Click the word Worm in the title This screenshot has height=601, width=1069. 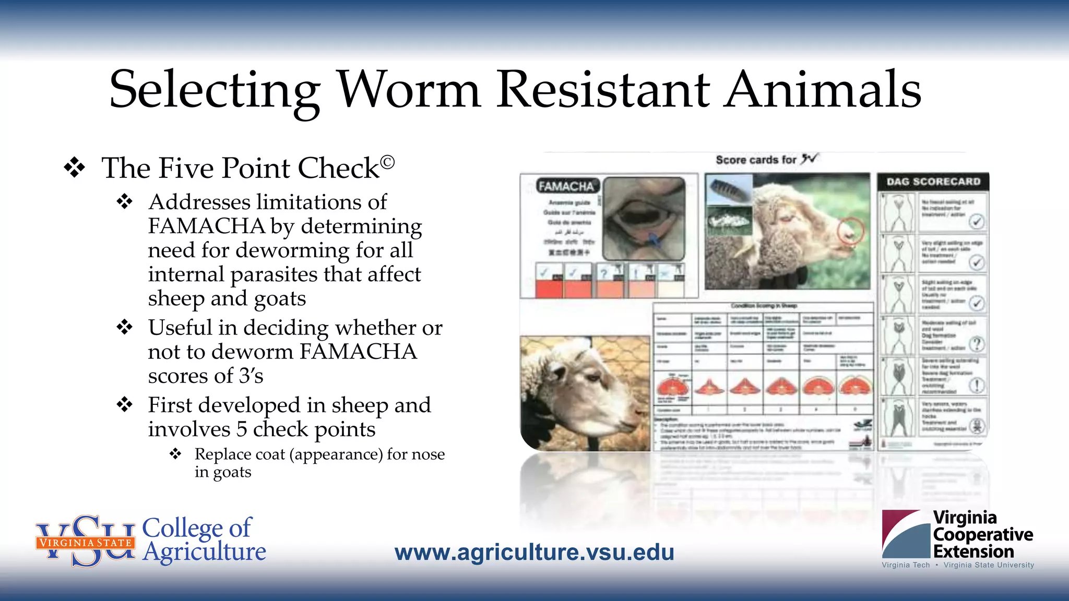coord(409,90)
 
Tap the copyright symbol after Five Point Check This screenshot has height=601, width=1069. coord(387,163)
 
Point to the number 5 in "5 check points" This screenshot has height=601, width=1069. coord(242,429)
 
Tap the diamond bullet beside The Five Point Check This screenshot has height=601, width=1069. coord(75,168)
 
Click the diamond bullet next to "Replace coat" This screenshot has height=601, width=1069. coord(175,454)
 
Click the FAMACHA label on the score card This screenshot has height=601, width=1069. coord(566,186)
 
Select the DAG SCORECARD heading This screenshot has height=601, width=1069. coord(933,182)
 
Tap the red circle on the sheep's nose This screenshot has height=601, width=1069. coord(850,232)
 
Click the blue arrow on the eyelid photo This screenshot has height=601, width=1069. coord(654,240)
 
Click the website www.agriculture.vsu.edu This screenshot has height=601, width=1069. coord(534,552)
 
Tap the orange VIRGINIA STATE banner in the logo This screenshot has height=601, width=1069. coord(86,543)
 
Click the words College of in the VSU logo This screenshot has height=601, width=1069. coord(197,527)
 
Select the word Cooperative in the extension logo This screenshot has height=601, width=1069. coord(983,535)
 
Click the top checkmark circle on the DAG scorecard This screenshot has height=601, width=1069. coord(977,221)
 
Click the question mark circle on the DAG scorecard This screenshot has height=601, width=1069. coord(977,344)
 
